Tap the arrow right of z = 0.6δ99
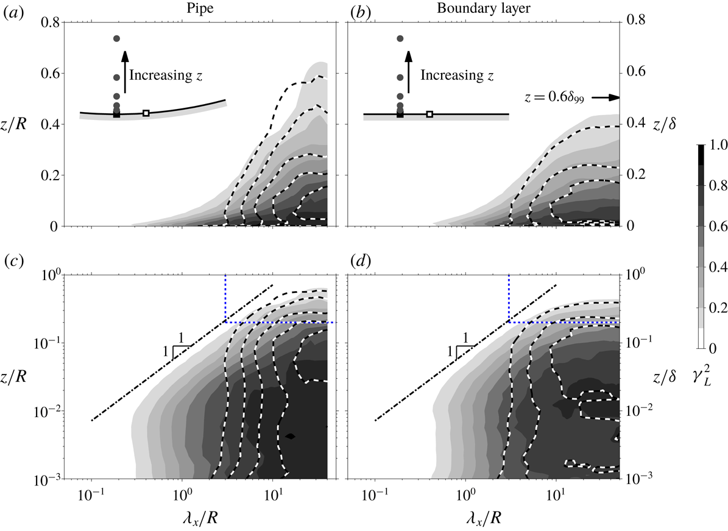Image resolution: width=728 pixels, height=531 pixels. coord(606,97)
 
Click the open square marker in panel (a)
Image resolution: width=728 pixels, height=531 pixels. coord(146,113)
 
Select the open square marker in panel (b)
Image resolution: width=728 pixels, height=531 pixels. coord(429,114)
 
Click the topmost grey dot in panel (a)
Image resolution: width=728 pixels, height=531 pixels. coord(116,39)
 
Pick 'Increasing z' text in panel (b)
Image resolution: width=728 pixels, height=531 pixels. coord(455,76)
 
